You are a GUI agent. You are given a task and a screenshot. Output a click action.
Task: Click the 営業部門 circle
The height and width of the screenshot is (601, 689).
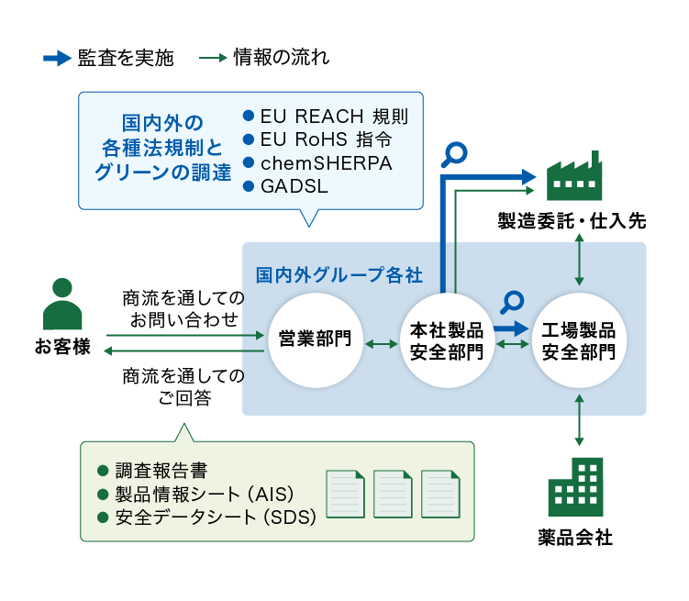[x=316, y=340]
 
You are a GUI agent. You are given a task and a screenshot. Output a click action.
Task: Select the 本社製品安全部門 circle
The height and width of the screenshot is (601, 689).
[x=447, y=340]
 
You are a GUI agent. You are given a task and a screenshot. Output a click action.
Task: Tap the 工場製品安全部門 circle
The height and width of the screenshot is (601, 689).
[x=579, y=340]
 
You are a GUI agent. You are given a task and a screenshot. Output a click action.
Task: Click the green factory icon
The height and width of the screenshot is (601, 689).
[x=574, y=176]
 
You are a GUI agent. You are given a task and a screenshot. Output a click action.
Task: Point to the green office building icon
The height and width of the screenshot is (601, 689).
[x=575, y=487]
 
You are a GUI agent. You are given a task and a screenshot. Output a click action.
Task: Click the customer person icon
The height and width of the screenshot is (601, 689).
[x=62, y=304]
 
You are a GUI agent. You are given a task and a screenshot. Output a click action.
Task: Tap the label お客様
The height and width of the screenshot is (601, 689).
[x=62, y=346]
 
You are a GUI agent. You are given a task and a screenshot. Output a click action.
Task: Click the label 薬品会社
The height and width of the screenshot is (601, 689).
[x=575, y=538]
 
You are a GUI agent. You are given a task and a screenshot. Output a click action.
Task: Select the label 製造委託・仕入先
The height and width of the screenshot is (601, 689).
[x=572, y=220]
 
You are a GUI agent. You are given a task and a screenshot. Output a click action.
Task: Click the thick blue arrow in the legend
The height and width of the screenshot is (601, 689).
[x=57, y=58]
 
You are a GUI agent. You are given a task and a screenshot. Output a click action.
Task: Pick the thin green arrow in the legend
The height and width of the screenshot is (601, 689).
[x=213, y=58]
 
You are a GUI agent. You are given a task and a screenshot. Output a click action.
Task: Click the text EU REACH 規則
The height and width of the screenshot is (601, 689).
[x=334, y=117]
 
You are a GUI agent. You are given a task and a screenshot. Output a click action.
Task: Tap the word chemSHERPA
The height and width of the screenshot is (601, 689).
[x=326, y=163]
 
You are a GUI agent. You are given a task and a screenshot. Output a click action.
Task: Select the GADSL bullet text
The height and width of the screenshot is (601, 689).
[x=294, y=186]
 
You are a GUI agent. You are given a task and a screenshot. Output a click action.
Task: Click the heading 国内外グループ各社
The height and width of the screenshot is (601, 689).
[x=339, y=275]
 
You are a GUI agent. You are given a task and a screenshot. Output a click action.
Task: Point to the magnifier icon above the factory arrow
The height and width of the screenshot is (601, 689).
[x=454, y=155]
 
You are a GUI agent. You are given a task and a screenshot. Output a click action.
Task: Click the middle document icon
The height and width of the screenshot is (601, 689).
[x=393, y=494]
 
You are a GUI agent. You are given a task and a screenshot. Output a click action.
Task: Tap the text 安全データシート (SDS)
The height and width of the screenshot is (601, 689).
[x=216, y=518]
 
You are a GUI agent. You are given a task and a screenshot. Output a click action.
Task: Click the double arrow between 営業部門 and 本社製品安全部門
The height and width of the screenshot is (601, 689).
[x=382, y=344]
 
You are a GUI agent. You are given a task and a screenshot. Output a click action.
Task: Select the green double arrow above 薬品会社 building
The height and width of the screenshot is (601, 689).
[x=579, y=420]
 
